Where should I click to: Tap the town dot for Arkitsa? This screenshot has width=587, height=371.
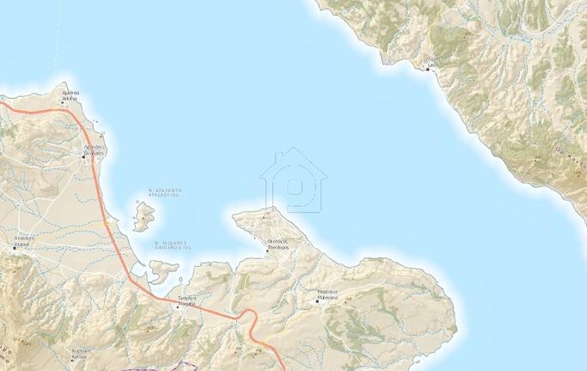[x=75, y=103]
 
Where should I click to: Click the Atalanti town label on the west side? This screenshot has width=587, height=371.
[x=22, y=240]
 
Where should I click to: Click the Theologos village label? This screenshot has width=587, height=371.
[x=278, y=244]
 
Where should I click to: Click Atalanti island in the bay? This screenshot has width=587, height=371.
[x=143, y=216]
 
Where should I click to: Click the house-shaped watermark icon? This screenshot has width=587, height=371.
[x=293, y=181]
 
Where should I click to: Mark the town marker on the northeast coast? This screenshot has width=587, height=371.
[x=427, y=70]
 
